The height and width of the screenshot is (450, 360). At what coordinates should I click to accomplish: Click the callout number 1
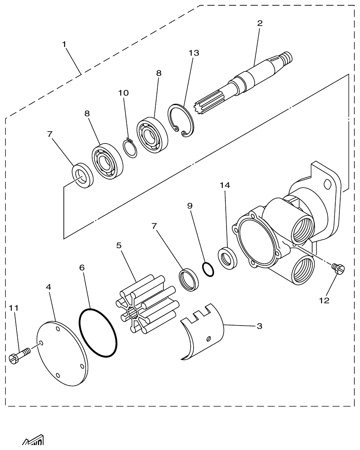pos(65,44)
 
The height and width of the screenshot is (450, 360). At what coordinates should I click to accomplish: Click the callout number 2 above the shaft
pos(259,23)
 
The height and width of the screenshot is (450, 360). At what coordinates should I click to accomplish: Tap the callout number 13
pos(194,53)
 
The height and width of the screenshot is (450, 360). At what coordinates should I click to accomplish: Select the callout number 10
pos(123,93)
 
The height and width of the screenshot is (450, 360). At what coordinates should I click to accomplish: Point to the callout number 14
pos(225,185)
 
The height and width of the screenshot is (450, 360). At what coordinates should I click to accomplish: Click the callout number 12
pos(324,300)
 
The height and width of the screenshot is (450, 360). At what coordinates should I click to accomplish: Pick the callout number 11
pos(14,308)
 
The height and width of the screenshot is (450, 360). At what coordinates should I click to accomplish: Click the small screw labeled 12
pos(339,269)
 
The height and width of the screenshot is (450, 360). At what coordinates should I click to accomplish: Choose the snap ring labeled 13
pos(180,119)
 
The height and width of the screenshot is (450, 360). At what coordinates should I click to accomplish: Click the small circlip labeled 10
pos(130,148)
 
